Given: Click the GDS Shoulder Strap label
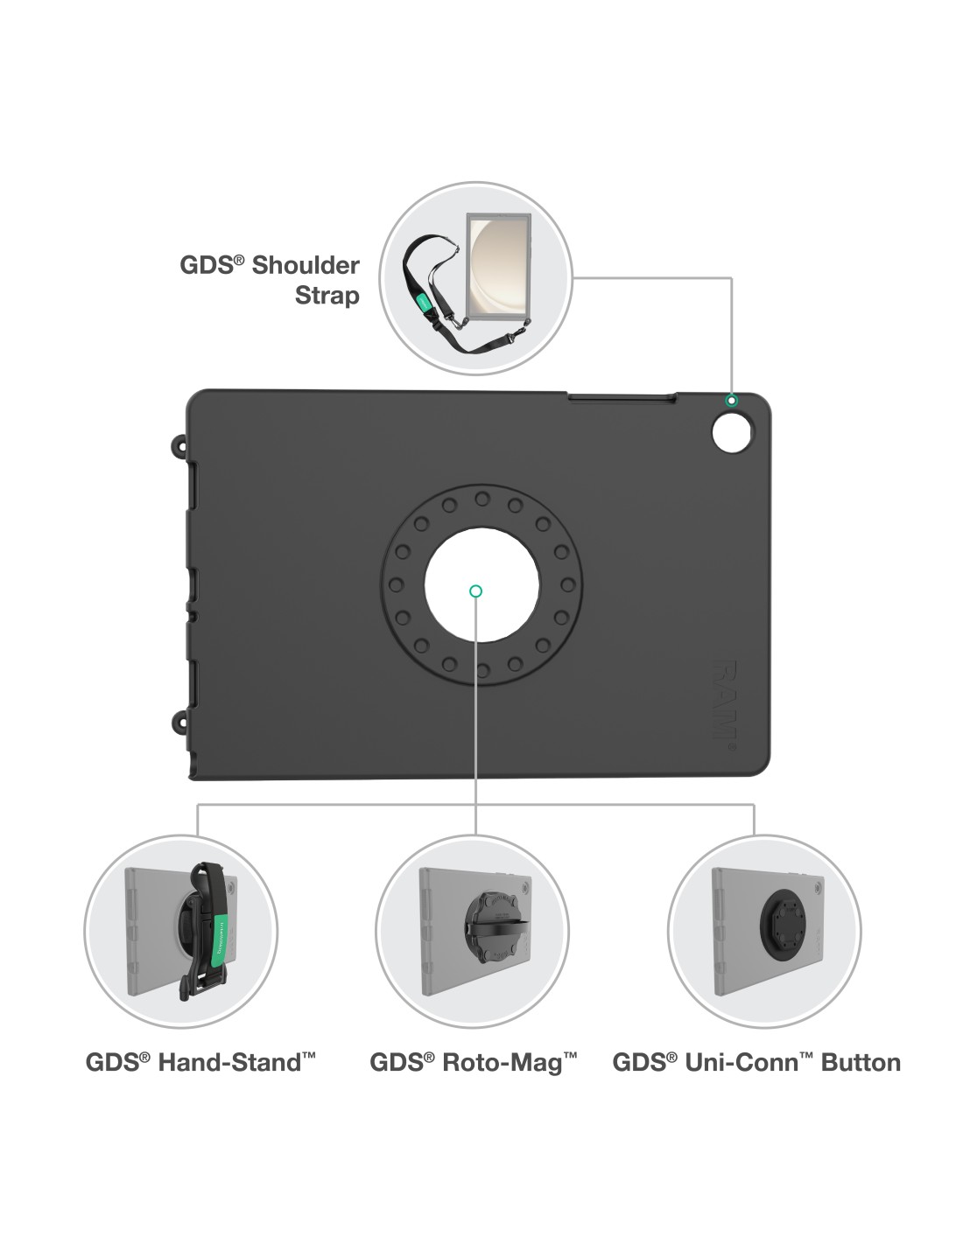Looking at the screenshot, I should pos(270,280).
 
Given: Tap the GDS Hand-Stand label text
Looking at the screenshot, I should pos(200,1062).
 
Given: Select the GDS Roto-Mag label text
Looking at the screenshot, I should pos(473,1062).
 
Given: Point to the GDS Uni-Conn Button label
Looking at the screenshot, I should pos(756,1062).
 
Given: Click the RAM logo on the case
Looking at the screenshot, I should pos(724,700).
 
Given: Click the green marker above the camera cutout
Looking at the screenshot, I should pos(732,401).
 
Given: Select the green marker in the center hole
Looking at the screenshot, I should pos(475,591).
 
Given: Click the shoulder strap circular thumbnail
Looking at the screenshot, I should pos(475,278).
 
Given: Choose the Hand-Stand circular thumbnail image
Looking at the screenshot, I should pos(180,931).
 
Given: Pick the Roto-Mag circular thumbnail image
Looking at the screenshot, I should pos(472,931).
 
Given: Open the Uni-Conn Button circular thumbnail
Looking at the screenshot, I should pos(764,931).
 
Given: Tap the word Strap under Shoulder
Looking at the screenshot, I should pos(327,296).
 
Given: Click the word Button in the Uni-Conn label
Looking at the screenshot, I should pos(861,1062).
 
